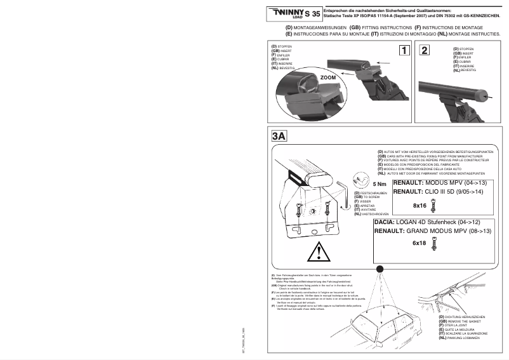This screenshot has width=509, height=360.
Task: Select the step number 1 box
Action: pos(404,51)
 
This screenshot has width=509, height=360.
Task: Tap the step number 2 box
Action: pos(426,51)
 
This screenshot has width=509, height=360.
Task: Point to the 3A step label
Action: pos(279,136)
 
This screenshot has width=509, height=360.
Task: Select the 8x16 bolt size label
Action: pos(420,206)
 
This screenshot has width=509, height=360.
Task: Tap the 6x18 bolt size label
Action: pos(419,243)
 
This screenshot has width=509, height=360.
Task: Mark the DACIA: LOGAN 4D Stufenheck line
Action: pos(426,223)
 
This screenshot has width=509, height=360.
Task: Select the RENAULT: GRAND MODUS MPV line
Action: pos(433,231)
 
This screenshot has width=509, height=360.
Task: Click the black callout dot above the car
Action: pos(379,269)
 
